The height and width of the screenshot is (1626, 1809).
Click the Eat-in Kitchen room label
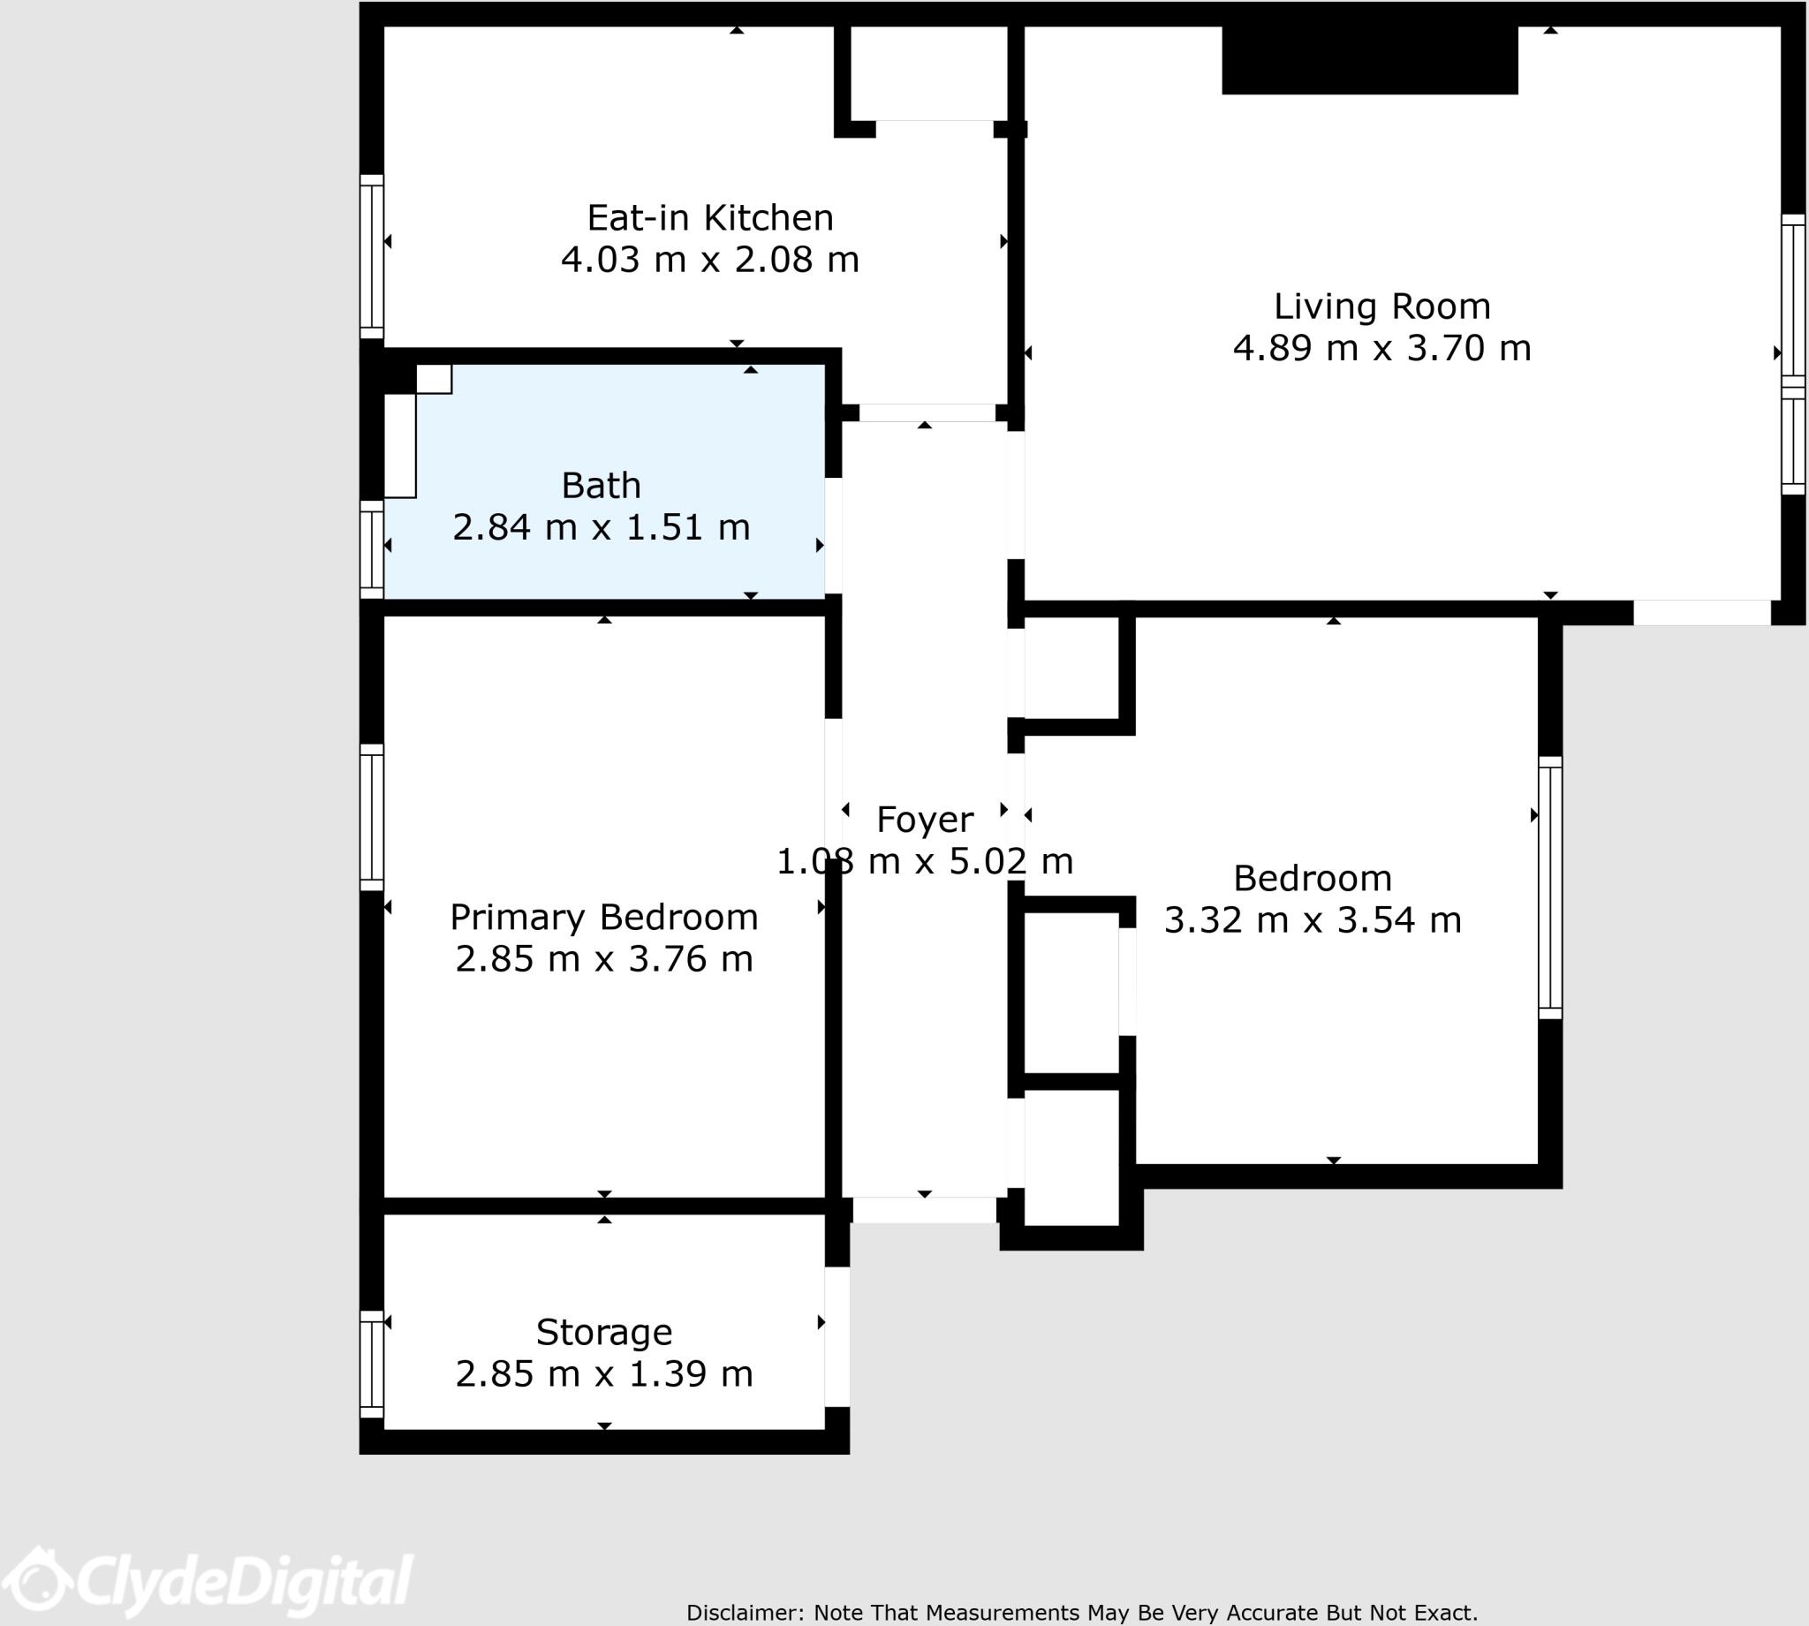point(709,218)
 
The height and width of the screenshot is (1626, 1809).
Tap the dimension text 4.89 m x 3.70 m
point(1381,347)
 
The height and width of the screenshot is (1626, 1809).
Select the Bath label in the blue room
point(601,486)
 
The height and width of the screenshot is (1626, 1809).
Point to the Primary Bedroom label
point(603,918)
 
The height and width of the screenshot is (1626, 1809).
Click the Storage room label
point(603,1332)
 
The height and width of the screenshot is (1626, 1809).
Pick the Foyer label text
point(924,821)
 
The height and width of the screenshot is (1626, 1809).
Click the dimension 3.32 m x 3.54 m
point(1312,920)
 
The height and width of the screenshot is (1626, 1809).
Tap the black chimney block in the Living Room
point(1368,60)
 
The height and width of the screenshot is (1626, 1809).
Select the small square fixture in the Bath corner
point(435,379)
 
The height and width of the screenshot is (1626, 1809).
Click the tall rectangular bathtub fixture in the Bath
point(399,445)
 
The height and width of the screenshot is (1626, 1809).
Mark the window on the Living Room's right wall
point(1793,354)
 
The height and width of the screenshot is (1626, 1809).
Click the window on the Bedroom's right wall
point(1550,888)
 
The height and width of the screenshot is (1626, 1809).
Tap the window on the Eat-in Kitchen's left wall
point(372,256)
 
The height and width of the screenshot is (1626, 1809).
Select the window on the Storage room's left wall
point(372,1364)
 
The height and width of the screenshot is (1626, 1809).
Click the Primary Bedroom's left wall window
point(372,818)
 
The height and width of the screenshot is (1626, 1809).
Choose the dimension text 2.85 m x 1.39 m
point(603,1374)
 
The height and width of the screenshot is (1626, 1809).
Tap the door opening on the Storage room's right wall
point(837,1336)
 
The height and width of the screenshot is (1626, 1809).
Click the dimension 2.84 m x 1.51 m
point(601,527)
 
